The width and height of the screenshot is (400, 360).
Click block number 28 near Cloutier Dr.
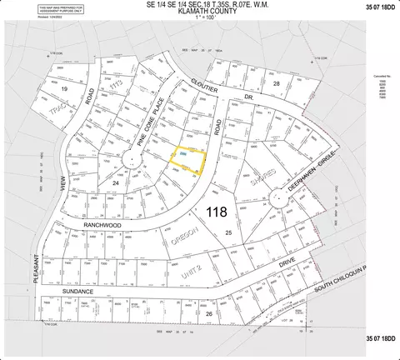(276, 84)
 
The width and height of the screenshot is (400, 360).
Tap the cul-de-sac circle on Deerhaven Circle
(274, 197)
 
